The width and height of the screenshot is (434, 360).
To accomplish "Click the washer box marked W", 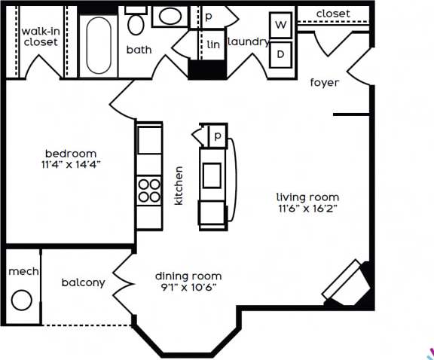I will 281,26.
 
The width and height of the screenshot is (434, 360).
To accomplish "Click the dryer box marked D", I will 281,53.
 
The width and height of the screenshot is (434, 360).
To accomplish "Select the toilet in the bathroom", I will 136,25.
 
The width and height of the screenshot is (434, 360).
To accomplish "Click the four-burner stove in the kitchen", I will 149,190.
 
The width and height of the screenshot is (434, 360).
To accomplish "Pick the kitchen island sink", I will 211,174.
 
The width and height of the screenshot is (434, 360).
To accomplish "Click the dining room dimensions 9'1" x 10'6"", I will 188,287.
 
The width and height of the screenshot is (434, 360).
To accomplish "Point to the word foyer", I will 325,83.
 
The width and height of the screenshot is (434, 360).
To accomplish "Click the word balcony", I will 83,282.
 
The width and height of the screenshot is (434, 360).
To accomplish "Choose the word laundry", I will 248,42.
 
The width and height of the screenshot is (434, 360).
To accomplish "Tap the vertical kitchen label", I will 179,186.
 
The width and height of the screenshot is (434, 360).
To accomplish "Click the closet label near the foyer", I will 332,14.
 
